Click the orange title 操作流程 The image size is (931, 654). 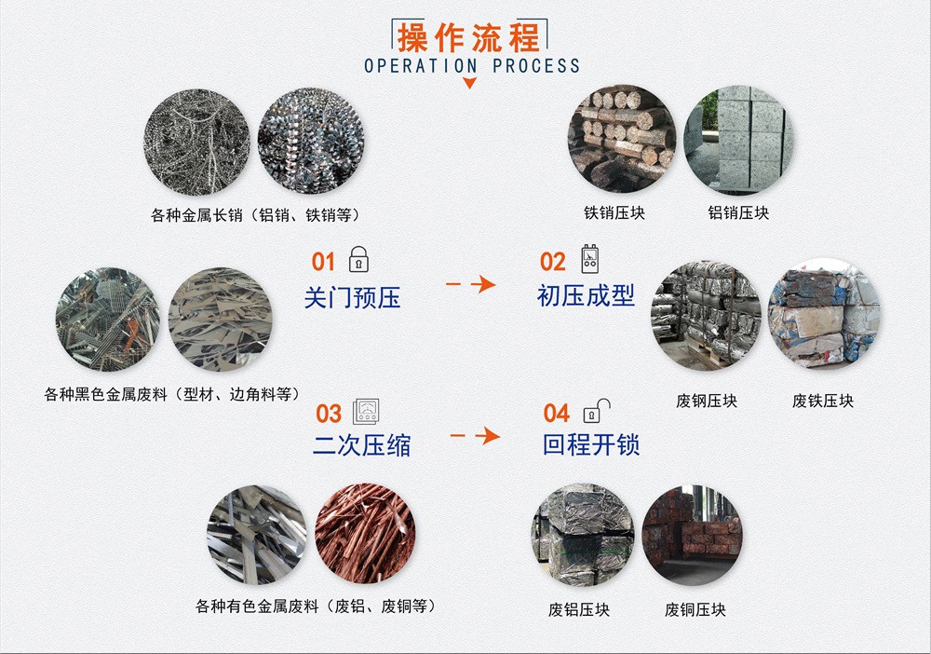pos(469,38)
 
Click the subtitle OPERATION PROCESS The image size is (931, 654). pos(472,65)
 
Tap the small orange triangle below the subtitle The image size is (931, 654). pos(469,83)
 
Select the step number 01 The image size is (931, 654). pos(324,262)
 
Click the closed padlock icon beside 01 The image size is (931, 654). pos(358,260)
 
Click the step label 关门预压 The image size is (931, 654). pos(352,297)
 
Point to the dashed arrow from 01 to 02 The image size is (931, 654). pos(471,284)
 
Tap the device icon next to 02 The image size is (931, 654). pos(589,258)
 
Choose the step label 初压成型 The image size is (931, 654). pos(586,295)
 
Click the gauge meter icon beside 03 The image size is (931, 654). pos(366,411)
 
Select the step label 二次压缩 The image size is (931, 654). pos(361,445)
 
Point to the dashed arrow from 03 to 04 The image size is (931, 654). pos(475,436)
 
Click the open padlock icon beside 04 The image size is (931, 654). pos(596,411)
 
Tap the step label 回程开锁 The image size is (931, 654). pos(591,443)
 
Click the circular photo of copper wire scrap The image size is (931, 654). pos(365,534)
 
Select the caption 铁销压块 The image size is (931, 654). pos(614,212)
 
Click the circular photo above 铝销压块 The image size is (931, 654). pos(738,140)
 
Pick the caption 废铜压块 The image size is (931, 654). pos(695,609)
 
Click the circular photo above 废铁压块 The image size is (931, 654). pos(824,314)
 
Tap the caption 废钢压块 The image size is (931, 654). pos(707,401)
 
